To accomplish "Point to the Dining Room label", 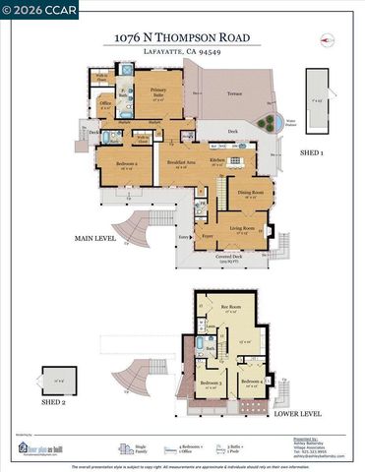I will [x=251, y=193].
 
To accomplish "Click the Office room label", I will [x=105, y=106].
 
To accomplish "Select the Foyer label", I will [x=208, y=236].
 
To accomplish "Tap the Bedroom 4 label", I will [x=250, y=380].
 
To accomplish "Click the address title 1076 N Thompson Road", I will [x=181, y=37].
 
